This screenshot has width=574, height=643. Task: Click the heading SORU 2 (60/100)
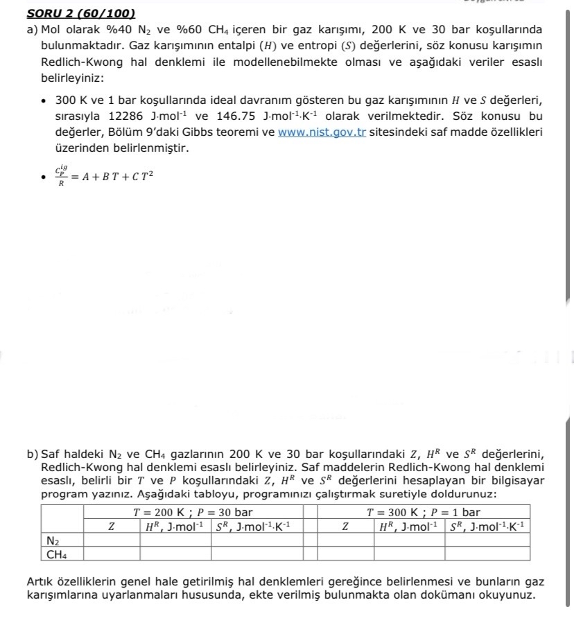click(x=80, y=13)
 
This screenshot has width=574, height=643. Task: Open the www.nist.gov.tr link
click(x=322, y=132)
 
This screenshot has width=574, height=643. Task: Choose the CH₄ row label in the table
click(x=56, y=554)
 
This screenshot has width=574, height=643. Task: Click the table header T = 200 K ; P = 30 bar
click(x=193, y=513)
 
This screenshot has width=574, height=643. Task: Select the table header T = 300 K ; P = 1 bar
click(x=423, y=513)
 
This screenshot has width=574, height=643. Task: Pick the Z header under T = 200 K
click(x=111, y=527)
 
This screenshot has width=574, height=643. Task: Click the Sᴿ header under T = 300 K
click(x=487, y=527)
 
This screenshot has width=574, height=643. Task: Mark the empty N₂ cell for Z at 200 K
click(x=111, y=540)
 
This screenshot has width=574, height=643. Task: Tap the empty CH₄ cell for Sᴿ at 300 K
click(x=487, y=554)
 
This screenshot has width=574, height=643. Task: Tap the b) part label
click(x=33, y=455)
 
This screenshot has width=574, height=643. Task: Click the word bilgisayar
click(x=514, y=480)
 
